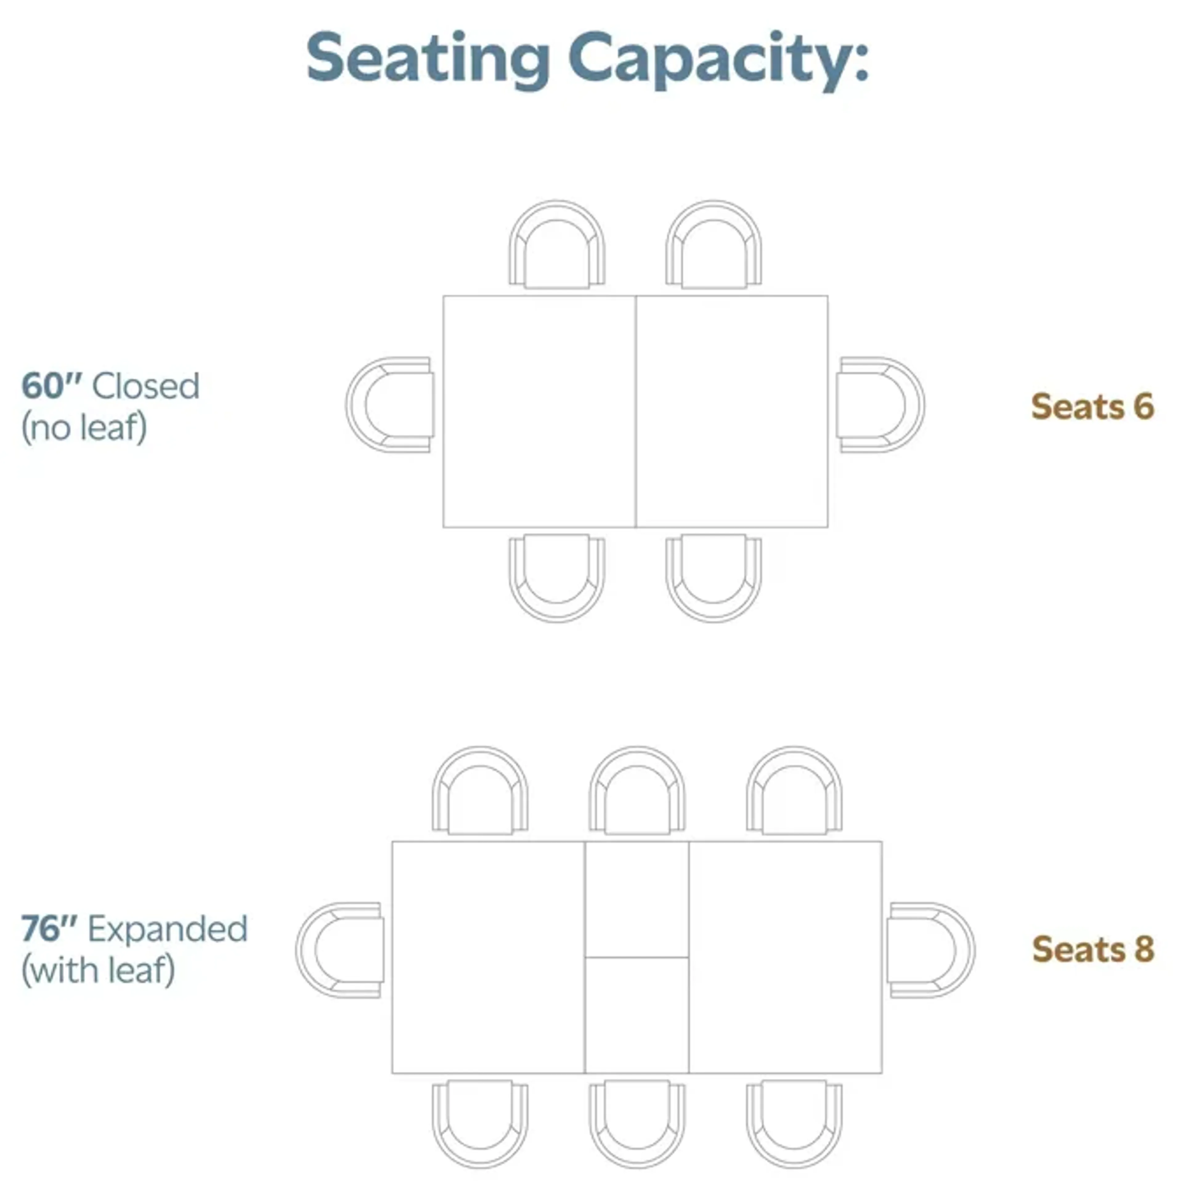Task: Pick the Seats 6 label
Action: coord(1092,407)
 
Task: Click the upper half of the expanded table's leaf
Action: coord(637,899)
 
